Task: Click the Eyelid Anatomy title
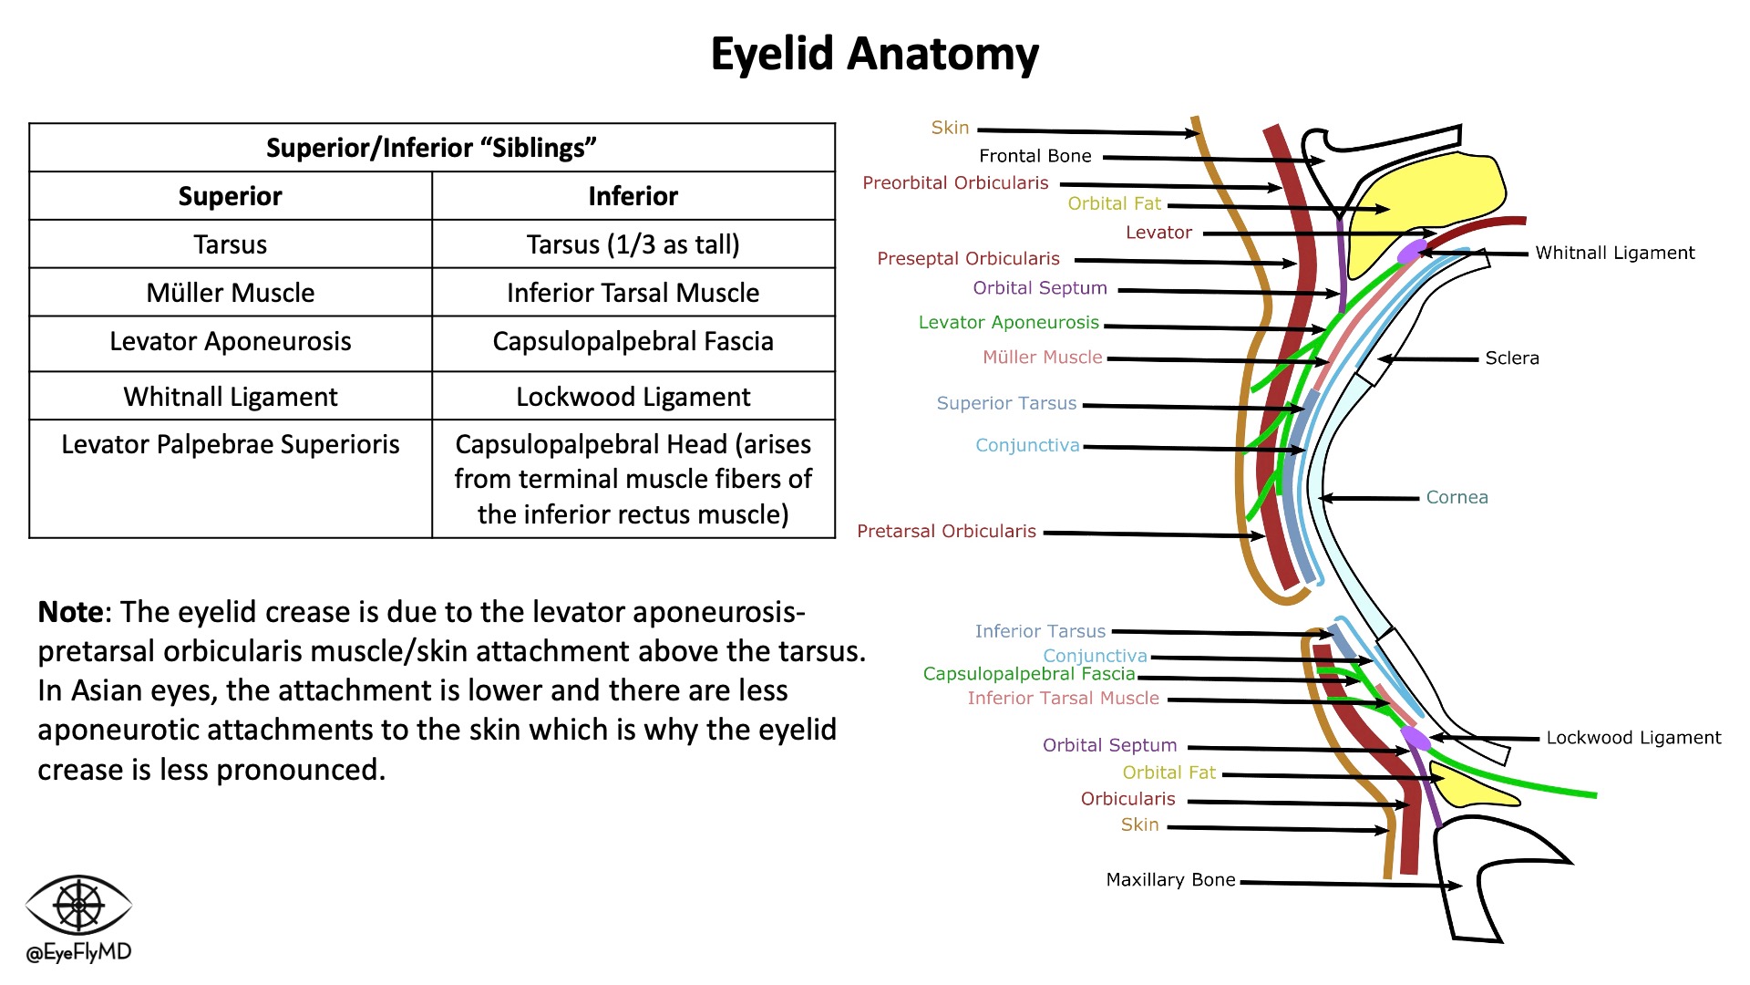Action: tap(874, 54)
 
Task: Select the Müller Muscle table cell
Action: tap(231, 293)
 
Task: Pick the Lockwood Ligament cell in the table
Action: tap(633, 397)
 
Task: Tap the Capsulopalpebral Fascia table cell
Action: tap(633, 341)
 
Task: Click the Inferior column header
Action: tap(633, 196)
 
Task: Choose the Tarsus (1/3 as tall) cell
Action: tap(633, 244)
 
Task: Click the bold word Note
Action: tap(70, 612)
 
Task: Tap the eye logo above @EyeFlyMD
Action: tap(78, 905)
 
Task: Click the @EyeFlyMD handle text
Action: tap(78, 952)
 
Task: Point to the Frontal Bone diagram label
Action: tap(1035, 156)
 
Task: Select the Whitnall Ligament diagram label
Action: tap(1614, 253)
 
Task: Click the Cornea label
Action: tap(1457, 497)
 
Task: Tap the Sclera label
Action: tap(1511, 358)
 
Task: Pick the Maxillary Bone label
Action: tap(1170, 880)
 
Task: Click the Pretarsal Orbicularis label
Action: tap(946, 531)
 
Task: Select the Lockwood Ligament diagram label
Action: tap(1633, 738)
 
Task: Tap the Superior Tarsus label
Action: tap(1006, 403)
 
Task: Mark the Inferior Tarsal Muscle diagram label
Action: tap(1063, 699)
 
